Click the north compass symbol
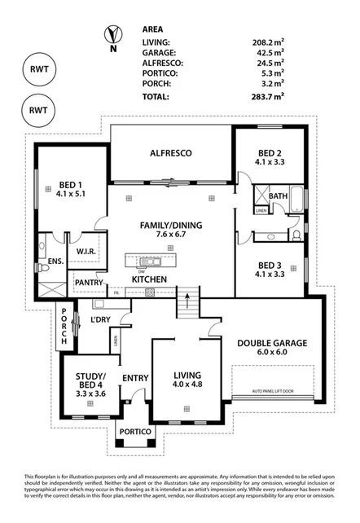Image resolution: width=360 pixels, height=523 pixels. tap(111, 36)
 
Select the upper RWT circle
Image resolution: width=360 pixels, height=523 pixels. tap(37, 69)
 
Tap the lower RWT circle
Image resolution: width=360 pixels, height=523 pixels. tap(37, 108)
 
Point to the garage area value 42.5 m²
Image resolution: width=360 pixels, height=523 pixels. tap(267, 51)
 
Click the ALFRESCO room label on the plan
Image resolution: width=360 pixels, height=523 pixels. tap(169, 152)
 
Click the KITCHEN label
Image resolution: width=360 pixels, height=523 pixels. tap(150, 279)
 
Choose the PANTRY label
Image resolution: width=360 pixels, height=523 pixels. tap(88, 283)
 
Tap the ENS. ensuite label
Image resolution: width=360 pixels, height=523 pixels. tap(55, 261)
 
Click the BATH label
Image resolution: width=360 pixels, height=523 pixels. tap(278, 196)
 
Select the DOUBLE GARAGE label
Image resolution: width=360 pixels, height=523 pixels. tap(272, 343)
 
